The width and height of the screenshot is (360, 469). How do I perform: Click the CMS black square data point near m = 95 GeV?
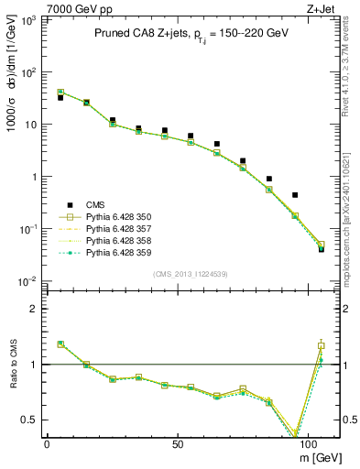(x=295, y=195)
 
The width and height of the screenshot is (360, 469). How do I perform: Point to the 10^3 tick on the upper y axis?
(x=35, y=19)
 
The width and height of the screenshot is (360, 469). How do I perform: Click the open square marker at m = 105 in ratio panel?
(x=321, y=346)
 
